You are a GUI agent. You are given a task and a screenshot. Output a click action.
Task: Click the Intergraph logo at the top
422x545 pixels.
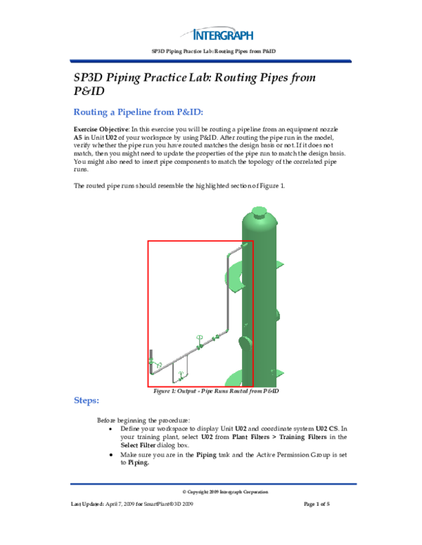(223, 33)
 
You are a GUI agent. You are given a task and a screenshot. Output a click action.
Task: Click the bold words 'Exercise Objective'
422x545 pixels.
(99, 131)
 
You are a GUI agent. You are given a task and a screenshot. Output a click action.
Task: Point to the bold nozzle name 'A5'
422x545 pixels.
(79, 139)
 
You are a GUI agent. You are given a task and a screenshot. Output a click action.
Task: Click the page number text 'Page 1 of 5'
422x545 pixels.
(321, 504)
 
